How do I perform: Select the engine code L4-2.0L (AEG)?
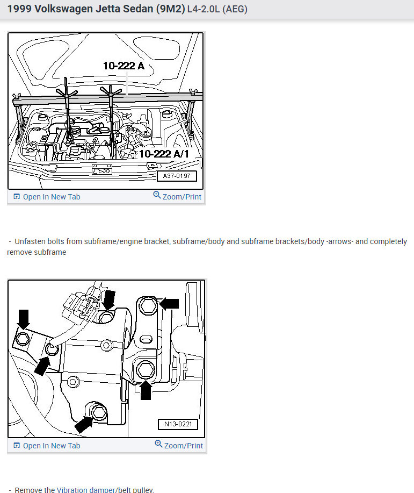click(217, 10)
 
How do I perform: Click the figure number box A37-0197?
click(177, 176)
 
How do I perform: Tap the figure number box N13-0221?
click(178, 424)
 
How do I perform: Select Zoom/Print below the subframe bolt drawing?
click(178, 446)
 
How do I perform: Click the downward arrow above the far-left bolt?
click(24, 318)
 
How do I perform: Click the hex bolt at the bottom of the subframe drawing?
click(98, 413)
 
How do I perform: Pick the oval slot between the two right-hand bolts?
click(146, 339)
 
